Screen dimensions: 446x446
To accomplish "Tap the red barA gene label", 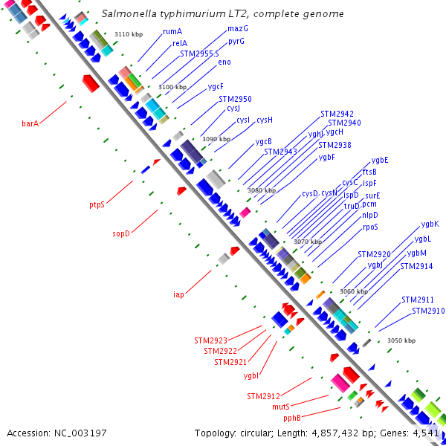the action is (x=30, y=123).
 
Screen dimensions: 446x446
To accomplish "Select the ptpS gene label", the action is (x=97, y=204).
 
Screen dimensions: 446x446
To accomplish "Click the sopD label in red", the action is (x=121, y=233).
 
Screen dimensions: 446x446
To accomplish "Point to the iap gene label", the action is (x=178, y=294).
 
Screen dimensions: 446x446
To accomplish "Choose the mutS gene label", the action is (x=280, y=407).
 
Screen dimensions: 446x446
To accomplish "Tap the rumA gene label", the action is (x=172, y=32).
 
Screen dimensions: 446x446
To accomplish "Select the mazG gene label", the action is (x=238, y=28).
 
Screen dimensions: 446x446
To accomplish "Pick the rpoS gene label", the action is (x=370, y=227).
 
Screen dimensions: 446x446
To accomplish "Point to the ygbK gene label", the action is (x=430, y=224).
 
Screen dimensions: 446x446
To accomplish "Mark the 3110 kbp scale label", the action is (x=129, y=34).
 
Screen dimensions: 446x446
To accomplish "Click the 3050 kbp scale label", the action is (x=401, y=340).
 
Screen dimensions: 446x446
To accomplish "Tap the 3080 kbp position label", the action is (x=261, y=191).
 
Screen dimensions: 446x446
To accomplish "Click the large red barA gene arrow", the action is (x=90, y=83).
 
